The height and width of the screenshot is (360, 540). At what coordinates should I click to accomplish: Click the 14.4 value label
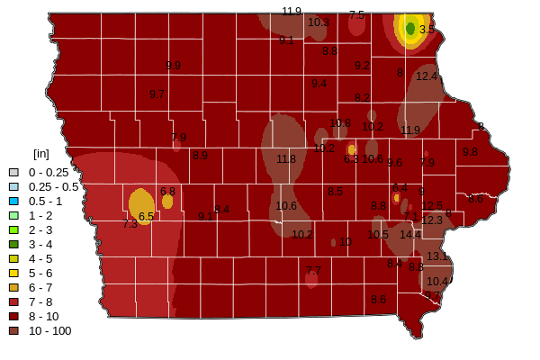tap(410, 234)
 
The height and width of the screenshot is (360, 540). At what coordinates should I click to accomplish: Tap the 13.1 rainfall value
tap(437, 256)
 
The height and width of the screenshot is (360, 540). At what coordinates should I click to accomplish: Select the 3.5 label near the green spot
tap(427, 30)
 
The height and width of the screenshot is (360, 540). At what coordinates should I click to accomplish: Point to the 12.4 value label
tap(427, 76)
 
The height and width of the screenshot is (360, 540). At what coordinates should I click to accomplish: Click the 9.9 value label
tap(174, 66)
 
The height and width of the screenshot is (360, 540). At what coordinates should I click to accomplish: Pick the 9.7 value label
tap(157, 94)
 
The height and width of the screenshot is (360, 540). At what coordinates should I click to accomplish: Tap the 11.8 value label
tap(286, 159)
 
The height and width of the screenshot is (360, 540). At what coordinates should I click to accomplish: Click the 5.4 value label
tap(222, 210)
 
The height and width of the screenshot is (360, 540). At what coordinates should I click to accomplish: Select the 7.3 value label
tap(130, 223)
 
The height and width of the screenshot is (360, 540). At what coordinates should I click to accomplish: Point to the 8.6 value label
tap(379, 300)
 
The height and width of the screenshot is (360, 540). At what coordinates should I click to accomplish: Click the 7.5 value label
tap(357, 15)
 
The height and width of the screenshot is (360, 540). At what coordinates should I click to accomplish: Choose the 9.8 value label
tap(471, 153)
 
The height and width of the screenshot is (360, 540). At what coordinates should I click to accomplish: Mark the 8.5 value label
tap(336, 192)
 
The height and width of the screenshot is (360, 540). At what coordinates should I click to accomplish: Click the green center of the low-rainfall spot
tap(410, 29)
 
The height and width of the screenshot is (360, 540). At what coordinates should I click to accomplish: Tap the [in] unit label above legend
tap(40, 154)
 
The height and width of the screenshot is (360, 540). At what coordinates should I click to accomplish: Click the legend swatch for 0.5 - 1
tap(13, 201)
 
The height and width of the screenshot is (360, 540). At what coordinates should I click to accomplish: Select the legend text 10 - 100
tap(49, 330)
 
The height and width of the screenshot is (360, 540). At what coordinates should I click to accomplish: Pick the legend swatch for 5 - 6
tap(13, 273)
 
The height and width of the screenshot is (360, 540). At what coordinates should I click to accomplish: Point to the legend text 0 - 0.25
tap(49, 172)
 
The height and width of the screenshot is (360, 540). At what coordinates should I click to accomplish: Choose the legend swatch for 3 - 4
tap(13, 244)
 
